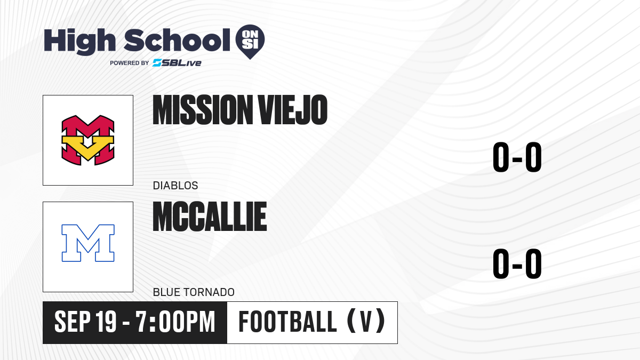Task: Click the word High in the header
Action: [79, 41]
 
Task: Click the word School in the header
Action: [177, 40]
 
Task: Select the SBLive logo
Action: [177, 63]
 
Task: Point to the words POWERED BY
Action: [130, 63]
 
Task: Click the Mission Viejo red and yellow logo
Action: [88, 140]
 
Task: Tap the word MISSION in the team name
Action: [201, 110]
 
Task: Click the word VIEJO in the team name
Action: [293, 110]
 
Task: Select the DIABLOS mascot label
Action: [175, 186]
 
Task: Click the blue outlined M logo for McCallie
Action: [88, 243]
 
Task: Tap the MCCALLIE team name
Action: [210, 217]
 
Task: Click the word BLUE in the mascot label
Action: [166, 292]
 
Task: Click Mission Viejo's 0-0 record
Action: [517, 157]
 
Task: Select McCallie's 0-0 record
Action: [517, 263]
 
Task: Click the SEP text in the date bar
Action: [73, 322]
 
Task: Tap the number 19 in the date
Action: [106, 322]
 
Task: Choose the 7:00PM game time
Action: [175, 322]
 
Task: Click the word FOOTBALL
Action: [287, 322]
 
